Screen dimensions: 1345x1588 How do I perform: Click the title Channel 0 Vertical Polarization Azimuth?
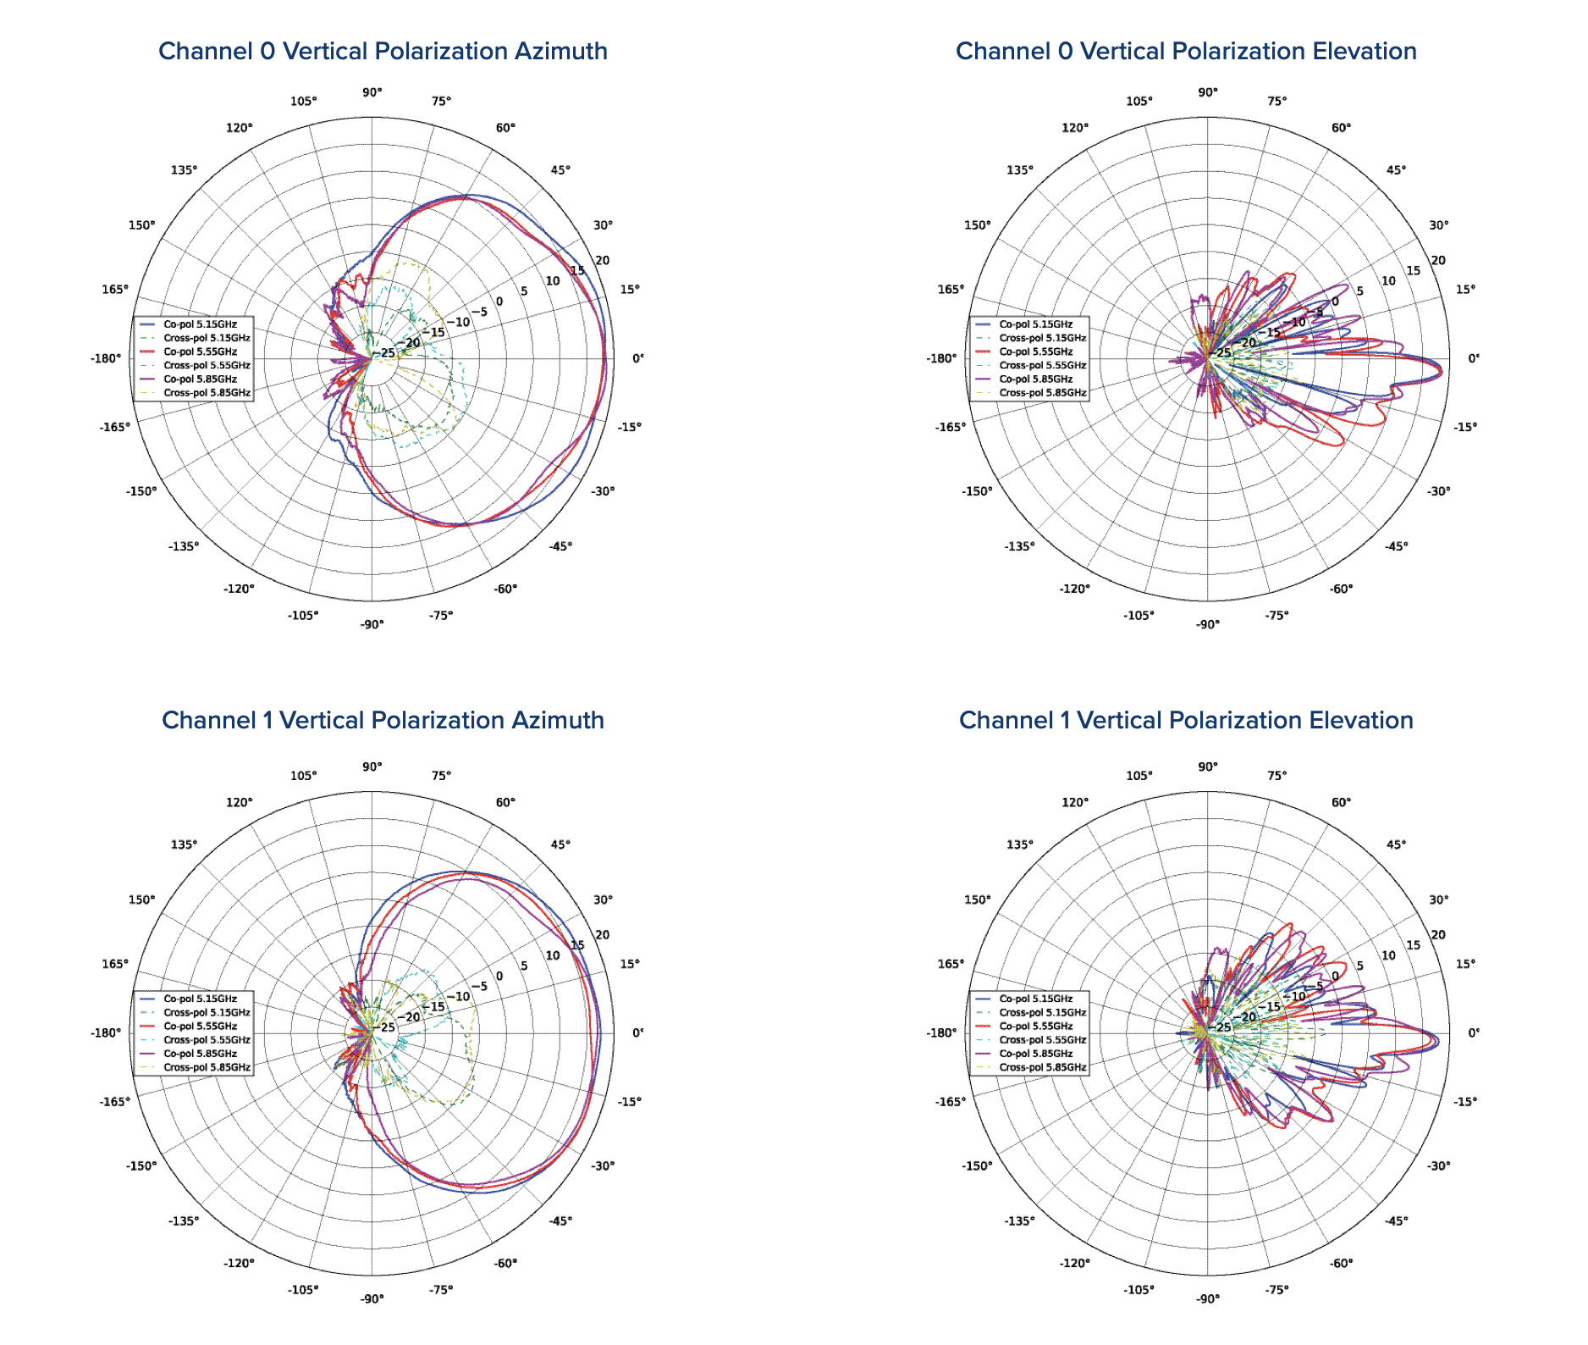(383, 51)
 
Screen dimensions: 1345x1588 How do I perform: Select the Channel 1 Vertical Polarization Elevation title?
(1186, 720)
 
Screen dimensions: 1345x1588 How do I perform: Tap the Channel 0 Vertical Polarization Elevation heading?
(1186, 51)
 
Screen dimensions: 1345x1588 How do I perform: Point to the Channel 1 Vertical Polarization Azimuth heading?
(383, 720)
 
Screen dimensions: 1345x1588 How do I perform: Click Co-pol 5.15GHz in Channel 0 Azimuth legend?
(200, 324)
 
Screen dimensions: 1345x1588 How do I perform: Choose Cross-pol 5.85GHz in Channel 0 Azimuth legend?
(207, 393)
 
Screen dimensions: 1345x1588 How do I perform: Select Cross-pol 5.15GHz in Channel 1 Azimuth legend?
(207, 1012)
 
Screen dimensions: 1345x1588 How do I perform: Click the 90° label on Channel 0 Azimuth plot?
(372, 92)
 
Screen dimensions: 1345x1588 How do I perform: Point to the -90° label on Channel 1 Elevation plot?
(1207, 1299)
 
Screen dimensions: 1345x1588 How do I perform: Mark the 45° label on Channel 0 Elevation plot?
(1396, 170)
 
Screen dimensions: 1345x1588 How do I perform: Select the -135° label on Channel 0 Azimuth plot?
(184, 546)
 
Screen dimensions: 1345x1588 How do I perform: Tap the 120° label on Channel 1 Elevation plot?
(1075, 802)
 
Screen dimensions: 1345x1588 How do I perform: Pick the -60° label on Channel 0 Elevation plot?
(1341, 589)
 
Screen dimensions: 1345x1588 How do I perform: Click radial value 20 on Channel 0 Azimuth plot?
(603, 261)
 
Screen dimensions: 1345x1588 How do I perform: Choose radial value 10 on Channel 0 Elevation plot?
(1388, 281)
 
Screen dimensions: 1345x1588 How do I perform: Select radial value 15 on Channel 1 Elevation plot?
(1414, 945)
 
